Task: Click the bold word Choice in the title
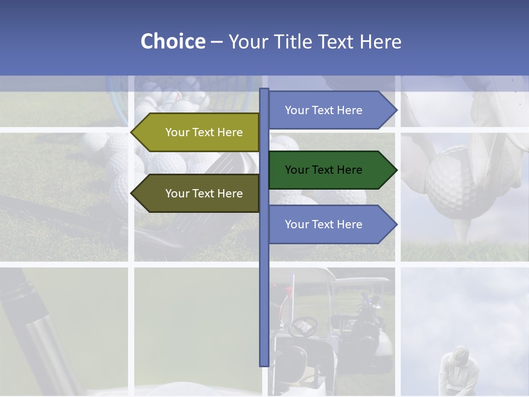[x=172, y=41]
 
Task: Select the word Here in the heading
[x=381, y=42]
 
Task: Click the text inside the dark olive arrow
[x=204, y=194]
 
